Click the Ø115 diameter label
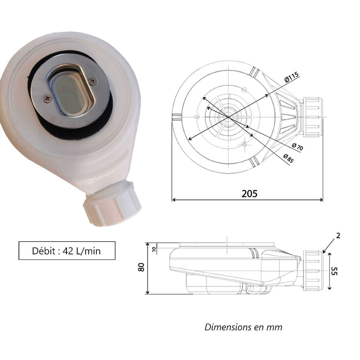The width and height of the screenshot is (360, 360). tap(292, 77)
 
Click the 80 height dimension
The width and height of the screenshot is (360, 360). tap(141, 267)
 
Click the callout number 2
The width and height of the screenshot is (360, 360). tap(338, 235)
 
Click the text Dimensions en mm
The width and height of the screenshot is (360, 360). tap(243, 327)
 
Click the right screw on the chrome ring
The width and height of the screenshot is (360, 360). tap(94, 81)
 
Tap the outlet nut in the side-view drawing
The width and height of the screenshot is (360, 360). tap(313, 269)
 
